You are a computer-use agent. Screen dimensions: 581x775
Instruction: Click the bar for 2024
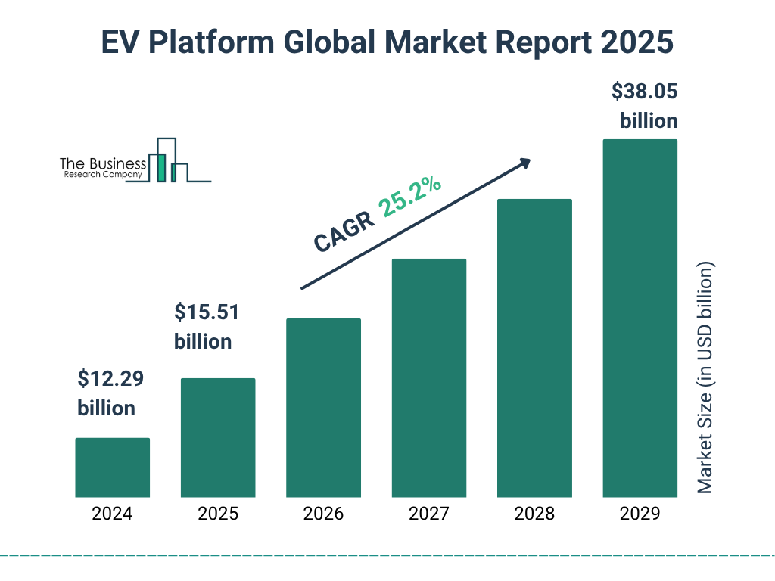click(x=112, y=468)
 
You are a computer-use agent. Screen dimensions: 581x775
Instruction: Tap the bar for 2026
click(x=323, y=408)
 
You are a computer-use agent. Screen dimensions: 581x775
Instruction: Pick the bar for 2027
click(x=428, y=377)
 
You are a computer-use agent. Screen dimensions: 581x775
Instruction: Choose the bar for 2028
click(x=534, y=348)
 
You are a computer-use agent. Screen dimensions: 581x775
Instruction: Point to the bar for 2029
click(x=640, y=318)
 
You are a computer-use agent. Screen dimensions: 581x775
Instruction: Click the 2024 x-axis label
click(x=112, y=514)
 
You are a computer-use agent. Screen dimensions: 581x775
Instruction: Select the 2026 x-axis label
click(x=323, y=514)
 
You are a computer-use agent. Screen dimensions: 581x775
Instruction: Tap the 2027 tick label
click(x=428, y=514)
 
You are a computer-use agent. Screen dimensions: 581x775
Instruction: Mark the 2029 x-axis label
click(x=640, y=514)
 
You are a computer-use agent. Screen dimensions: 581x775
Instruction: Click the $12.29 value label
click(x=110, y=377)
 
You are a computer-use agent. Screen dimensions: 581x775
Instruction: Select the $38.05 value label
click(x=645, y=92)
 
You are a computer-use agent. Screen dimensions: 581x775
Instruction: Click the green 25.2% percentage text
click(x=411, y=196)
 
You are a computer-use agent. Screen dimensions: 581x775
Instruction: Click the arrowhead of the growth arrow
click(x=524, y=163)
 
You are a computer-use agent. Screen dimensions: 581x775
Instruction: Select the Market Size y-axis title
click(x=705, y=378)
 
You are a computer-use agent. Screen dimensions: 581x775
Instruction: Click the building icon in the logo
click(x=167, y=160)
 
